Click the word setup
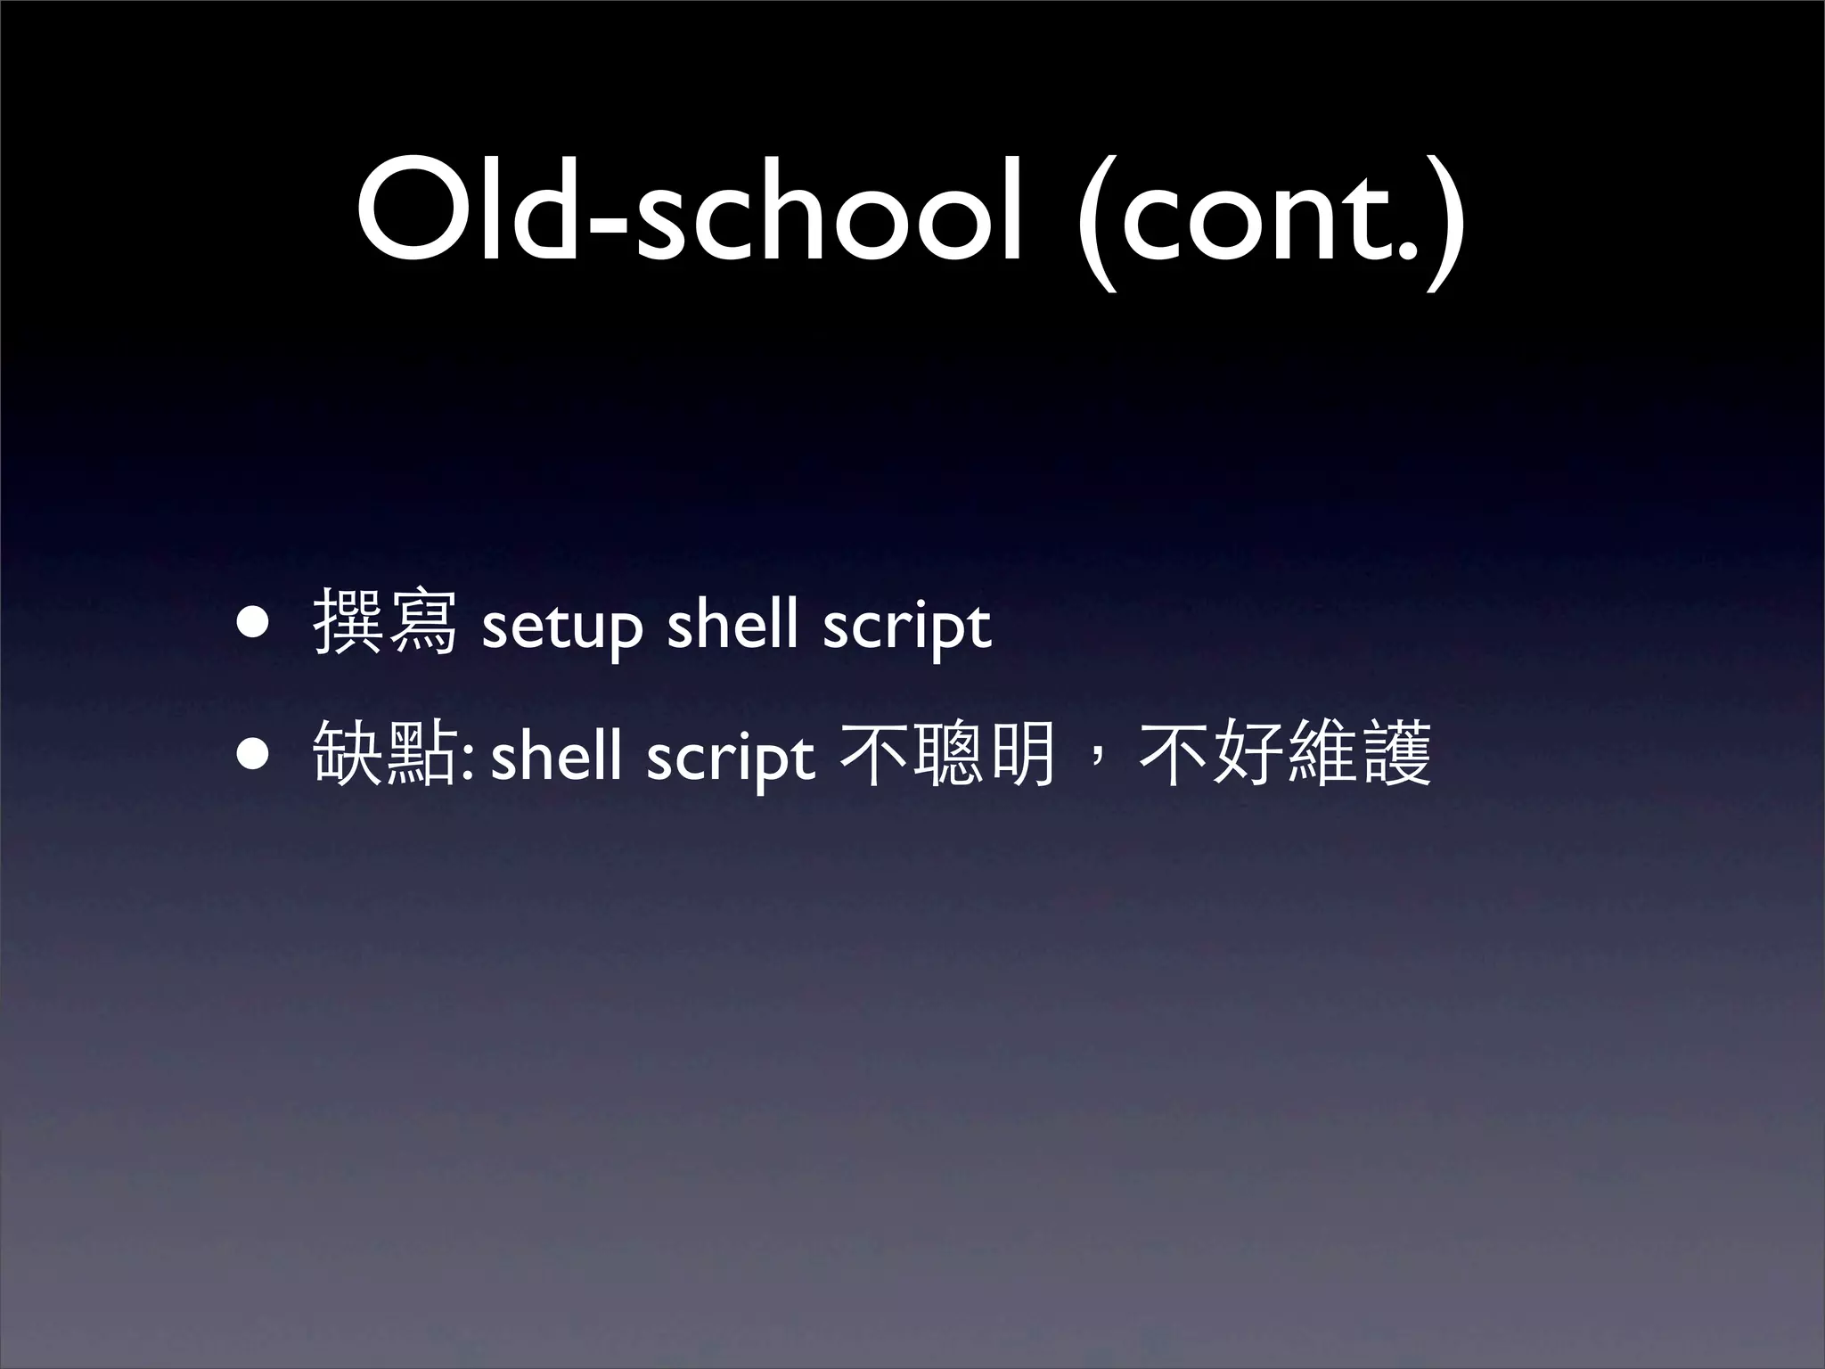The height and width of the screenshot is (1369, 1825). point(561,629)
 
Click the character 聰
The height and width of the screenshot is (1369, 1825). point(948,754)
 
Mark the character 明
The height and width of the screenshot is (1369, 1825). point(1022,754)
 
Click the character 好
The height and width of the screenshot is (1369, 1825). point(1248,754)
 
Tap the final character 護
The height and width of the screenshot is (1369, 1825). point(1395,754)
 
